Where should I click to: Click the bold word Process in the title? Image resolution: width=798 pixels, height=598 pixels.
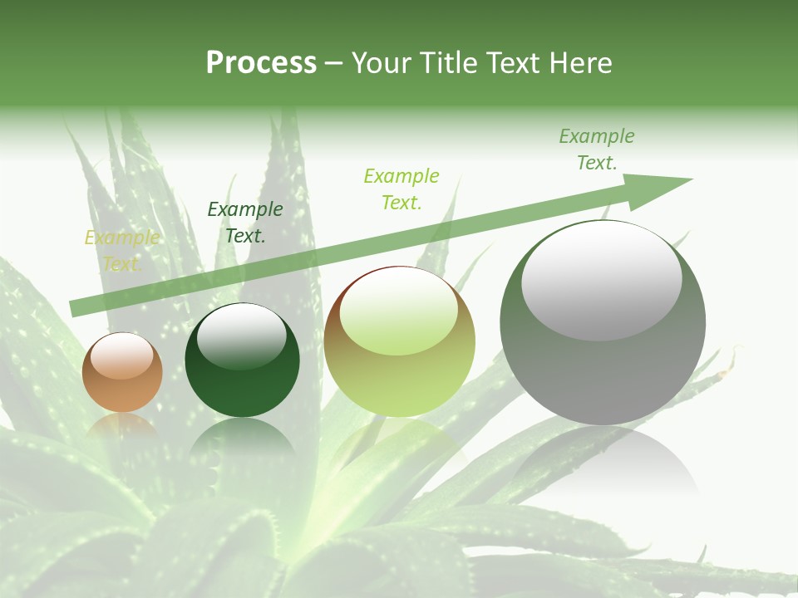[261, 63]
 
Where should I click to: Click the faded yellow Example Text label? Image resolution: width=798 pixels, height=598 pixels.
[121, 251]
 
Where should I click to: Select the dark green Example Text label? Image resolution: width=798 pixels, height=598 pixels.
[245, 223]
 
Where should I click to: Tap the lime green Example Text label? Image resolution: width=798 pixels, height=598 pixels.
[401, 189]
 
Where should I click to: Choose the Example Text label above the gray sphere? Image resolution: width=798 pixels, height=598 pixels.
[597, 149]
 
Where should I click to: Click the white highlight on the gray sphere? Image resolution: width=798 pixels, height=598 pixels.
[602, 281]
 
